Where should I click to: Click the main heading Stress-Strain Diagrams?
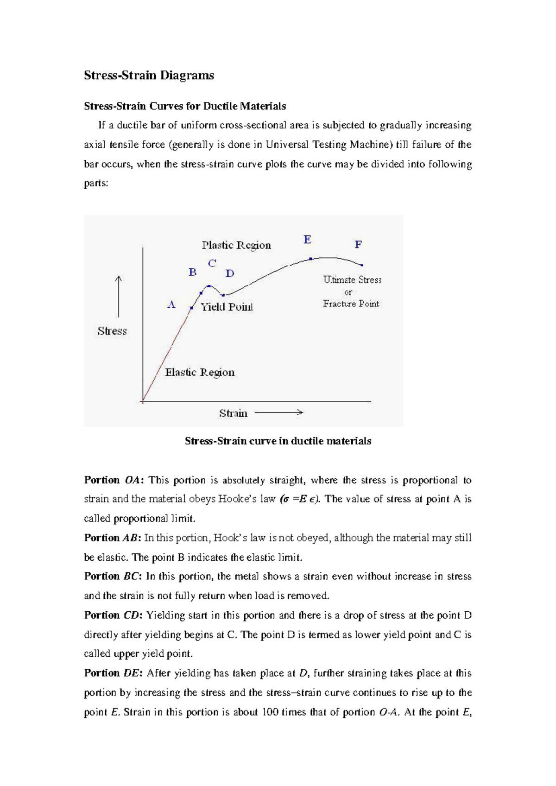[x=149, y=76]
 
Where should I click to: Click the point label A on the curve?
[x=171, y=304]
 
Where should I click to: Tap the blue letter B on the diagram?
[x=193, y=273]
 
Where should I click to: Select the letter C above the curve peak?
[x=212, y=264]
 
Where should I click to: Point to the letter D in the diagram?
[x=230, y=274]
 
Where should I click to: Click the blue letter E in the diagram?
[x=307, y=240]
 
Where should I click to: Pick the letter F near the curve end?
[x=358, y=244]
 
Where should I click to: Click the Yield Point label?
[x=227, y=307]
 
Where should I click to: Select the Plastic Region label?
[x=236, y=245]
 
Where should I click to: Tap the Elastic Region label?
[x=200, y=372]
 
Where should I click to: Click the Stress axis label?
[x=112, y=331]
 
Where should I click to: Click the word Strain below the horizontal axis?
[x=233, y=413]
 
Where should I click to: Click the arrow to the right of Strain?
[x=279, y=412]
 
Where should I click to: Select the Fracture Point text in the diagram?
[x=351, y=304]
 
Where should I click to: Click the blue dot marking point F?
[x=361, y=265]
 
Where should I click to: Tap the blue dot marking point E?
[x=310, y=259]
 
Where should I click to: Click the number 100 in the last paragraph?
[x=270, y=712]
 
